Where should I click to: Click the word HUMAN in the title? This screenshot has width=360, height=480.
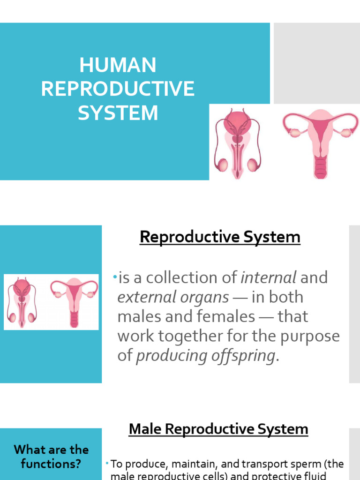click(x=118, y=65)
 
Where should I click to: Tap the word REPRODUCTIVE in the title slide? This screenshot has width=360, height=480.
click(x=118, y=89)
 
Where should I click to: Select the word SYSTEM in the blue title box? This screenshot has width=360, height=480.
click(x=118, y=113)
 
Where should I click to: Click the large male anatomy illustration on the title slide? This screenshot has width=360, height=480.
click(x=237, y=143)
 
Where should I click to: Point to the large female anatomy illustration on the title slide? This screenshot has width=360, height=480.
click(x=320, y=143)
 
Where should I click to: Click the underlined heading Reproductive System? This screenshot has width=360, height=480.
click(x=220, y=237)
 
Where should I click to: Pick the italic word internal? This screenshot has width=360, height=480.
click(x=269, y=277)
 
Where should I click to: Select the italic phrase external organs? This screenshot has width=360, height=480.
click(x=173, y=297)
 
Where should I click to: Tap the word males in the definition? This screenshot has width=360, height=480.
click(x=139, y=316)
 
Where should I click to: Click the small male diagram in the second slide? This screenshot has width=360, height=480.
click(x=22, y=302)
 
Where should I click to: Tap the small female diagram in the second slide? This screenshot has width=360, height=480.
click(x=74, y=302)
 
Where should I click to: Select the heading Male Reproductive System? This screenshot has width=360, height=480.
click(x=218, y=429)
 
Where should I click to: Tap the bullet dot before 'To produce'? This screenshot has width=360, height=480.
click(x=107, y=463)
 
